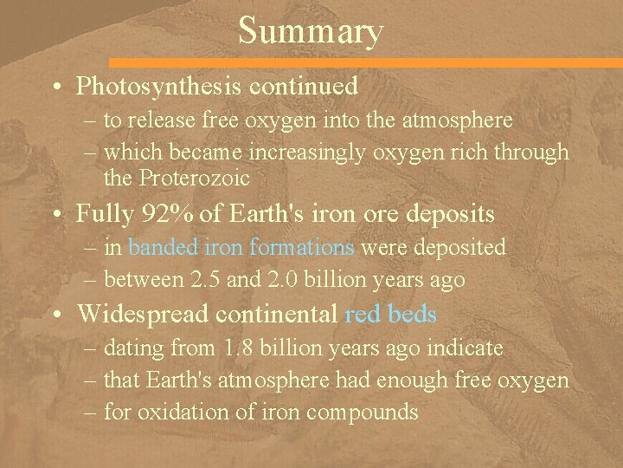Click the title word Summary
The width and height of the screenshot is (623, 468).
tap(310, 32)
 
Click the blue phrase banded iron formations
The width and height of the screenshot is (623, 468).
tap(241, 247)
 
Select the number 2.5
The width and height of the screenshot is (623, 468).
tap(244, 280)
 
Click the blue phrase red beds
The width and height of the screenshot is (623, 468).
tap(390, 314)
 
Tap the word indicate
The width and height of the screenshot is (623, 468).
tap(466, 348)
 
